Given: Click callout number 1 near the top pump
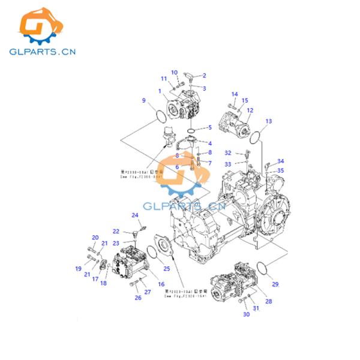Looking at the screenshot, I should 160,91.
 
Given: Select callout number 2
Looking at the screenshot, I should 204,76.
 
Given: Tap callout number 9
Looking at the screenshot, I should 143,100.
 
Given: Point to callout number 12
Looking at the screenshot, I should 250,110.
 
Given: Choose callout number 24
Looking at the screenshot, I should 135,215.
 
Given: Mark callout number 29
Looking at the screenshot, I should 275,284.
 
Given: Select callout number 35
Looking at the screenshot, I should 281,170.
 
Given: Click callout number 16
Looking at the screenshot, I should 161,284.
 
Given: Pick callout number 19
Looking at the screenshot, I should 78,268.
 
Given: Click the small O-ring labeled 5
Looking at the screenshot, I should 191,130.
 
